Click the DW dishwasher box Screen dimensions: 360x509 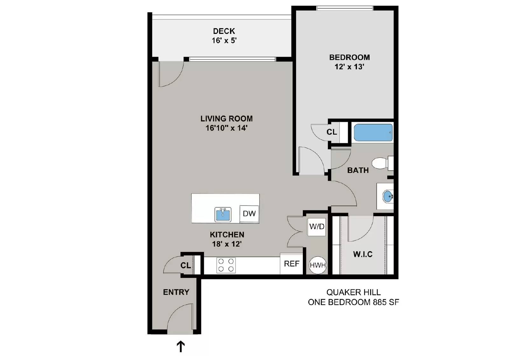pyautogui.click(x=249, y=214)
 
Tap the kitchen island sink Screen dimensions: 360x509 pyautogui.click(x=223, y=214)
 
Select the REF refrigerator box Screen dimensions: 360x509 pyautogui.click(x=291, y=264)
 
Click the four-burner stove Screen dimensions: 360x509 pyautogui.click(x=226, y=265)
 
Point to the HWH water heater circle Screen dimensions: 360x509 pyautogui.click(x=318, y=265)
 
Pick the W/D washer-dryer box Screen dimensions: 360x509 pyautogui.click(x=317, y=227)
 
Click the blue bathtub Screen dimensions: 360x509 pyautogui.click(x=373, y=132)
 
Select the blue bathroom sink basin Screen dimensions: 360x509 pyautogui.click(x=388, y=196)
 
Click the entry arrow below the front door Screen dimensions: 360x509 pyautogui.click(x=181, y=346)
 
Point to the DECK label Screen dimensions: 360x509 pyautogui.click(x=224, y=31)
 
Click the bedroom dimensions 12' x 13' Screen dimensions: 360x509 pyautogui.click(x=349, y=67)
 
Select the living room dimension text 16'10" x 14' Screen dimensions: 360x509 pyautogui.click(x=227, y=128)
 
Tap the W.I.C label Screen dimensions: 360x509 pyautogui.click(x=363, y=254)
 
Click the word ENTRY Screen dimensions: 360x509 pyautogui.click(x=176, y=292)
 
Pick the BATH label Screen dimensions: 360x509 pyautogui.click(x=358, y=170)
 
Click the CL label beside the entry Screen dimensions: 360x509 pyautogui.click(x=185, y=265)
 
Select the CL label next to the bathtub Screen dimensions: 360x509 pyautogui.click(x=332, y=132)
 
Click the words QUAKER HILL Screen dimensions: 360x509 pyautogui.click(x=353, y=292)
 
